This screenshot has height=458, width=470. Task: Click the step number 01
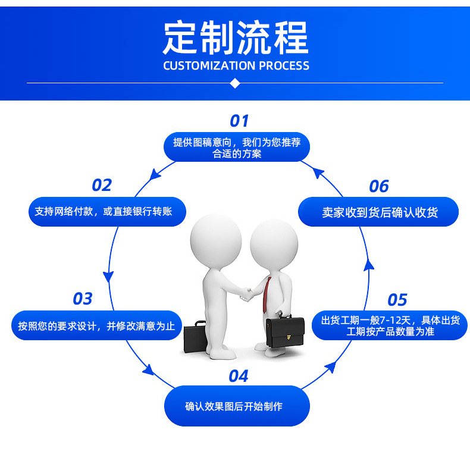(x=239, y=121)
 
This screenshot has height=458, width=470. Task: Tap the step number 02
(x=102, y=186)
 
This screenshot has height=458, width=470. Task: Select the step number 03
(x=83, y=299)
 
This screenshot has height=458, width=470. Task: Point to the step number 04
(x=238, y=376)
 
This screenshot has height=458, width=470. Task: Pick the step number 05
(x=397, y=299)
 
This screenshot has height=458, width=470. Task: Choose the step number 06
(x=378, y=186)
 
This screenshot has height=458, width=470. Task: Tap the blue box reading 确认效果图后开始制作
(x=237, y=406)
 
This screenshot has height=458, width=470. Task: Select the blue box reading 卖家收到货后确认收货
(x=378, y=212)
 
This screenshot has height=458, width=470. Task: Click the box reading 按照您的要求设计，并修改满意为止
(x=96, y=325)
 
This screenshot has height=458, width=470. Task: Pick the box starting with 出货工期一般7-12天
(x=390, y=325)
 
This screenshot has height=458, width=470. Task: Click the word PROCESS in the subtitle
(x=283, y=65)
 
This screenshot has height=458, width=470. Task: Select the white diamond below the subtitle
(x=235, y=83)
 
